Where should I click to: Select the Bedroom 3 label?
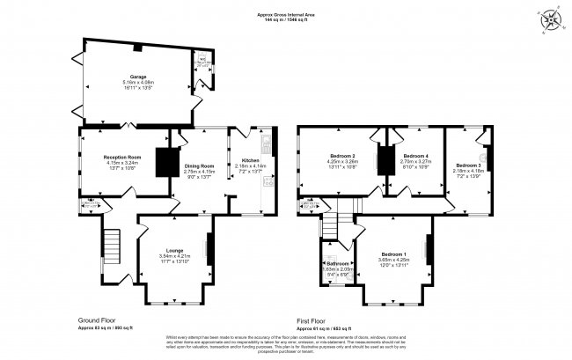pyautogui.click(x=468, y=165)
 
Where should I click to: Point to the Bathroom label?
pyautogui.click(x=338, y=264)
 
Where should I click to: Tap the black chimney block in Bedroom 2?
pyautogui.click(x=382, y=159)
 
